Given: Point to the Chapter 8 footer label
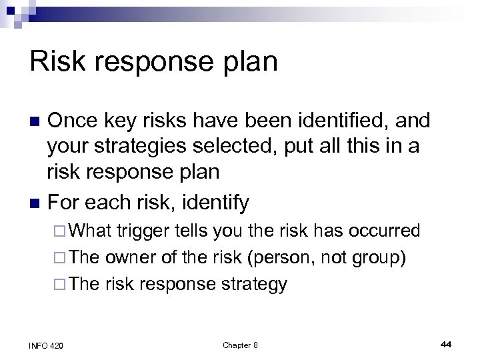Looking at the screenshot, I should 240,345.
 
